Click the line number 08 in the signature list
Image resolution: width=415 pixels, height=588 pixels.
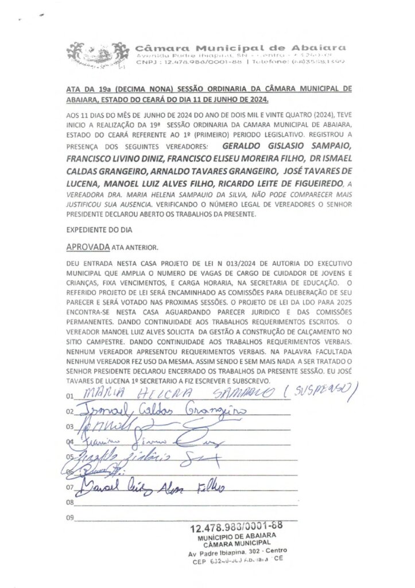click(x=71, y=502)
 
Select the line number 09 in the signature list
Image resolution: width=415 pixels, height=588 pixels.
click(x=71, y=518)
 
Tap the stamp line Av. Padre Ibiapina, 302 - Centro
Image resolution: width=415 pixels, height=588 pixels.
click(x=237, y=552)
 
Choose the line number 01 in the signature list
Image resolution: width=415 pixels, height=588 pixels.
click(x=71, y=396)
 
